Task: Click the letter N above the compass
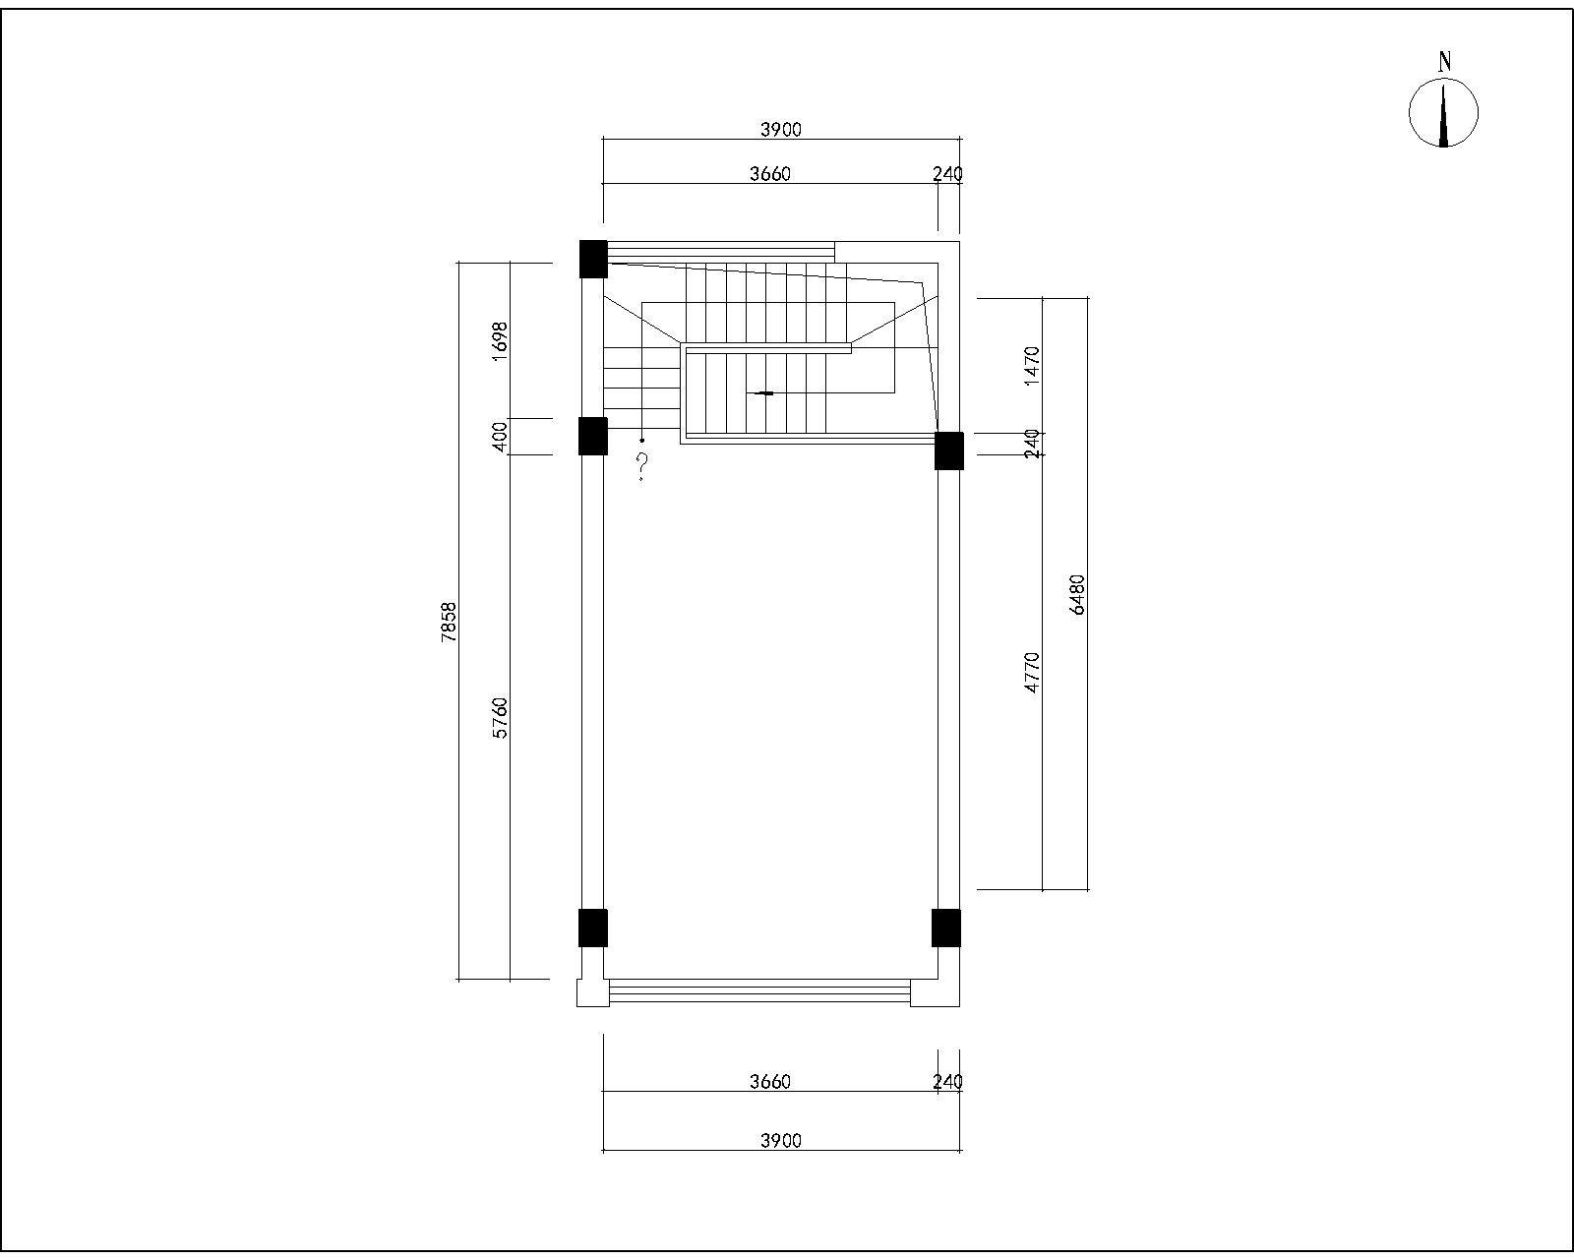pos(1444,63)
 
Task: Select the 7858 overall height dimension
pos(449,622)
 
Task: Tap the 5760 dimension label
pos(500,718)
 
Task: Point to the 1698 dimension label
pos(500,340)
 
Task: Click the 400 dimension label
pos(500,437)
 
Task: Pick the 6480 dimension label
pos(1077,595)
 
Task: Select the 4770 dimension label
pos(1031,673)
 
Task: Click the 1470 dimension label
pos(1031,366)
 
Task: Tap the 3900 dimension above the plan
pos(781,130)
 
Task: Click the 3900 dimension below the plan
pos(781,1141)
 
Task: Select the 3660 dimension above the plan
pos(770,174)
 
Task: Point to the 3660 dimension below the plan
pos(770,1081)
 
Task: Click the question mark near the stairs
pos(641,466)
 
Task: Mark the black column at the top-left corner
pos(593,259)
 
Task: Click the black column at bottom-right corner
pos(945,928)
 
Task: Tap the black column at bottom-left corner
pos(593,928)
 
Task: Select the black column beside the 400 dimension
pos(593,436)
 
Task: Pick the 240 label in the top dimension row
pos(948,174)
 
